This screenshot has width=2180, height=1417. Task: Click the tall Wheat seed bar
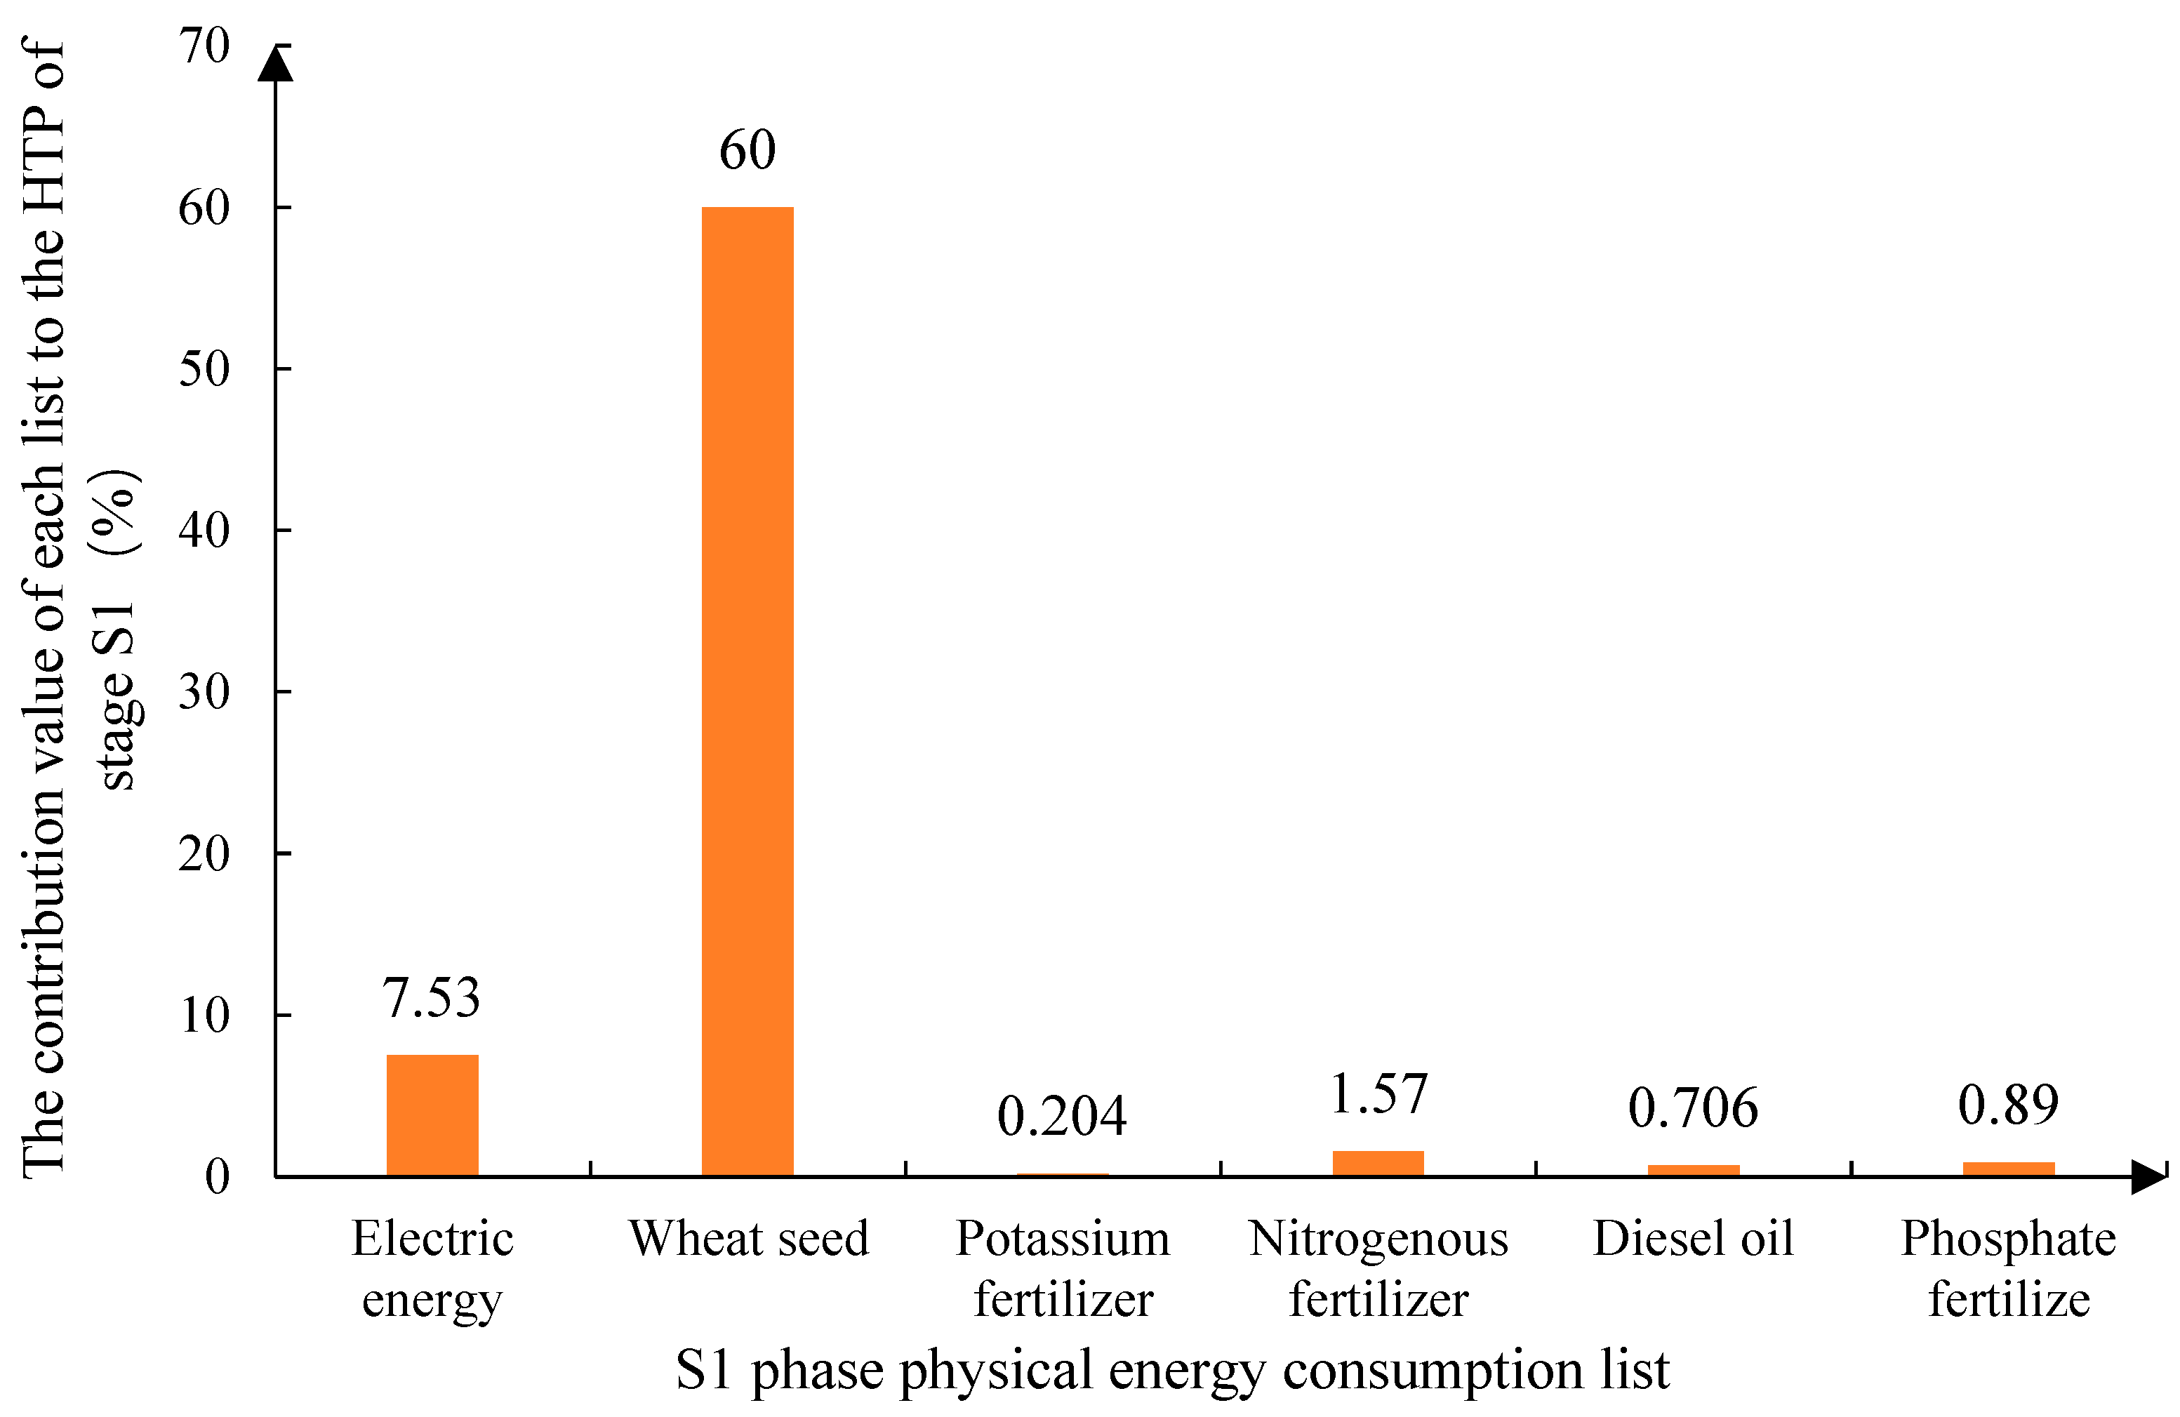[x=747, y=691]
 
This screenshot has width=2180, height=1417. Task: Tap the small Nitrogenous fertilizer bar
[x=1378, y=1162]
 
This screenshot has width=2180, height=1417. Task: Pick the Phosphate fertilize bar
[x=2009, y=1169]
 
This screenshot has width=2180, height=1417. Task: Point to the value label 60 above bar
[x=747, y=150]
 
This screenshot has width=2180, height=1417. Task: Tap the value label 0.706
[x=1693, y=1108]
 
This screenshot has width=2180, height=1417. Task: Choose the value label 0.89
[x=2008, y=1105]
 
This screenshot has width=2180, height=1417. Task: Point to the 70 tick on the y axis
[x=204, y=46]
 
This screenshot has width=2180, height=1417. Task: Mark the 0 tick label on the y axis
[x=217, y=1176]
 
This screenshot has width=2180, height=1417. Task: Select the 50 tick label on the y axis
[x=204, y=369]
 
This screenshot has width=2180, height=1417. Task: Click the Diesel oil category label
[x=1693, y=1239]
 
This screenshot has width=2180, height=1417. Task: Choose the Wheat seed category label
[x=748, y=1239]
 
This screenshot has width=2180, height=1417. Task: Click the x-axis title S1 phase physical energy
[x=1172, y=1370]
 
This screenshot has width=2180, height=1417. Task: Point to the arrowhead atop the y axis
[x=275, y=64]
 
